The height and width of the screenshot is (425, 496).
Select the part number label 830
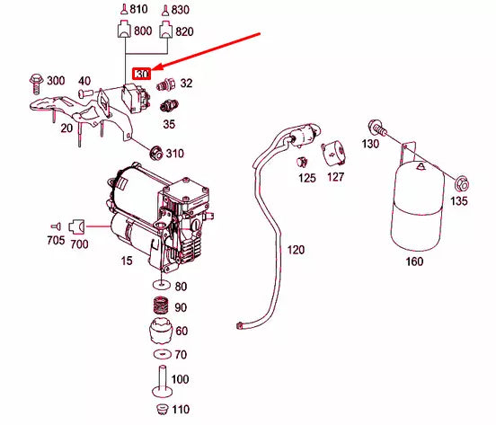pyautogui.click(x=181, y=10)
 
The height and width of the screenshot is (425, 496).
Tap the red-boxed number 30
pyautogui.click(x=141, y=75)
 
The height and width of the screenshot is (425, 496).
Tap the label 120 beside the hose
pyautogui.click(x=296, y=249)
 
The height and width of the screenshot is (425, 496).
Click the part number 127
pyautogui.click(x=335, y=178)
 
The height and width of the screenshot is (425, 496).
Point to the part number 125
pyautogui.click(x=306, y=178)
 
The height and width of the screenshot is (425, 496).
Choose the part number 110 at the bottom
pyautogui.click(x=182, y=411)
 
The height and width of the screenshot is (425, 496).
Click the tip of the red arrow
pyautogui.click(x=153, y=70)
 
